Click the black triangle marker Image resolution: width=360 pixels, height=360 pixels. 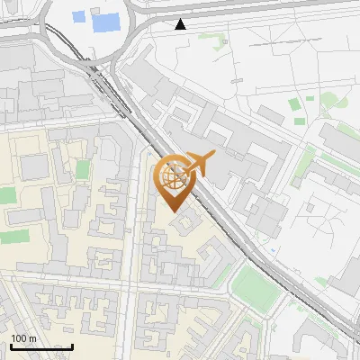[183, 24]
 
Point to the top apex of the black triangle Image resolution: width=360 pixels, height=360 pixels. [183, 19]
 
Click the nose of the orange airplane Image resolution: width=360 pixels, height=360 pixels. [213, 157]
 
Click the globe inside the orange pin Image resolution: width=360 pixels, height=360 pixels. [174, 176]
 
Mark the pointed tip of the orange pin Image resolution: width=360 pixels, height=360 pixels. [174, 211]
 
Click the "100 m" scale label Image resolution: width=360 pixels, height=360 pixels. [24, 337]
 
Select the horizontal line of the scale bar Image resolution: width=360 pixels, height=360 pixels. [41, 346]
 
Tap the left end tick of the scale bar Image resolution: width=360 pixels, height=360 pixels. [11, 345]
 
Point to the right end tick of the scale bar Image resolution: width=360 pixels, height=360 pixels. [72, 345]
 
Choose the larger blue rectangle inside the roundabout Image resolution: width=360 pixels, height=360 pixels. [105, 21]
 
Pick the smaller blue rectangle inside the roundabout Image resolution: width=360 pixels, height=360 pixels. [78, 16]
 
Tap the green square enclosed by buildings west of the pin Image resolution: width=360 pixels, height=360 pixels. [83, 170]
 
